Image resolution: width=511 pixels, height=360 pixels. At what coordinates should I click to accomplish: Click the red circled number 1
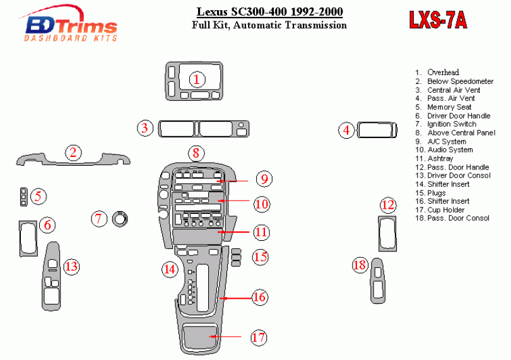click(x=197, y=79)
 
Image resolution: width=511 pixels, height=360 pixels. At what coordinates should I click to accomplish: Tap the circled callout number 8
click(x=196, y=153)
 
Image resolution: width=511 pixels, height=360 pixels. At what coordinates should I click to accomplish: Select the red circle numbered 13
click(x=71, y=267)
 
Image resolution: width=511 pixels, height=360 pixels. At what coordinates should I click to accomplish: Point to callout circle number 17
click(x=258, y=337)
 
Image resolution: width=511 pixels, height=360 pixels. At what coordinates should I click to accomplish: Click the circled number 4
click(x=346, y=131)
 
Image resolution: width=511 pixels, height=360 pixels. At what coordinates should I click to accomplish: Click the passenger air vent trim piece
click(x=377, y=130)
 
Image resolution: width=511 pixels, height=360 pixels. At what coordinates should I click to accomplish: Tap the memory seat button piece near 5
click(x=23, y=197)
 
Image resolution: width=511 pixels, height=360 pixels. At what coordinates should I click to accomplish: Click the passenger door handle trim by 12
click(x=387, y=233)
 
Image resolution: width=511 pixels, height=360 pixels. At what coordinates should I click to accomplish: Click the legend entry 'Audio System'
click(x=449, y=150)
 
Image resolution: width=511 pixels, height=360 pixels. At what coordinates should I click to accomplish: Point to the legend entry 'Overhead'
click(x=443, y=73)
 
